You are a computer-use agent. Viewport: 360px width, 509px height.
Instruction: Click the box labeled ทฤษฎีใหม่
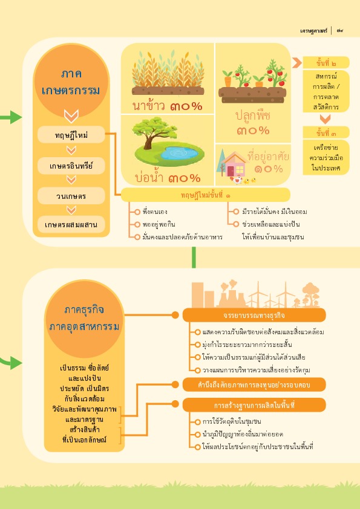[x=71, y=135]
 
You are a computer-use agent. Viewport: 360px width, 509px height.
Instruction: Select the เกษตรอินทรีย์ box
[x=71, y=166]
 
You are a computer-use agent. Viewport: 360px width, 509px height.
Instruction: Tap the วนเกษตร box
[x=71, y=196]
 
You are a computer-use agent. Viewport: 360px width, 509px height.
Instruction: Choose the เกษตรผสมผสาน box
[x=71, y=225]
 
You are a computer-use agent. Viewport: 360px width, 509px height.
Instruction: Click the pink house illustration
[x=234, y=165]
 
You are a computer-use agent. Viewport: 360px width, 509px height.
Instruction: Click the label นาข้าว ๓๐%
[x=168, y=106]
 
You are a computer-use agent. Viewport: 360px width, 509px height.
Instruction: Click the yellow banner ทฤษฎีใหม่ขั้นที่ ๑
[x=205, y=195]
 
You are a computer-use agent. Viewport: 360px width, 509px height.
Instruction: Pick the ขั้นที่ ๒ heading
[x=326, y=63]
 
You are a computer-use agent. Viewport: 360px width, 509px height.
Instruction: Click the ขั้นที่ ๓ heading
[x=326, y=132]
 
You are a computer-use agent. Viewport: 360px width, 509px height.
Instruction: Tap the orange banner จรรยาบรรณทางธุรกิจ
[x=254, y=315]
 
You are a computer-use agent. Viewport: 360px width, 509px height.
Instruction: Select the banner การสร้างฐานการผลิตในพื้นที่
[x=254, y=405]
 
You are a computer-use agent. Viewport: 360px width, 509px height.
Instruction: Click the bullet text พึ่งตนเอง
[x=155, y=212]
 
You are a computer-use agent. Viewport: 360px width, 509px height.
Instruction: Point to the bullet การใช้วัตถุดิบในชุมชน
[x=232, y=422]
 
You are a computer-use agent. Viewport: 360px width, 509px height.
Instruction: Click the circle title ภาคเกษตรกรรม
[x=71, y=82]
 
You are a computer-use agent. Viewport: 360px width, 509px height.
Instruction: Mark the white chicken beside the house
[x=238, y=180]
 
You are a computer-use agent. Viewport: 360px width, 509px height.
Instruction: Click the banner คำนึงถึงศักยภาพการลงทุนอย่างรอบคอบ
[x=254, y=384]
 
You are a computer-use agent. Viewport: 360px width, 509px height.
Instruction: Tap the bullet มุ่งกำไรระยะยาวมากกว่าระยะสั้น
[x=247, y=345]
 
